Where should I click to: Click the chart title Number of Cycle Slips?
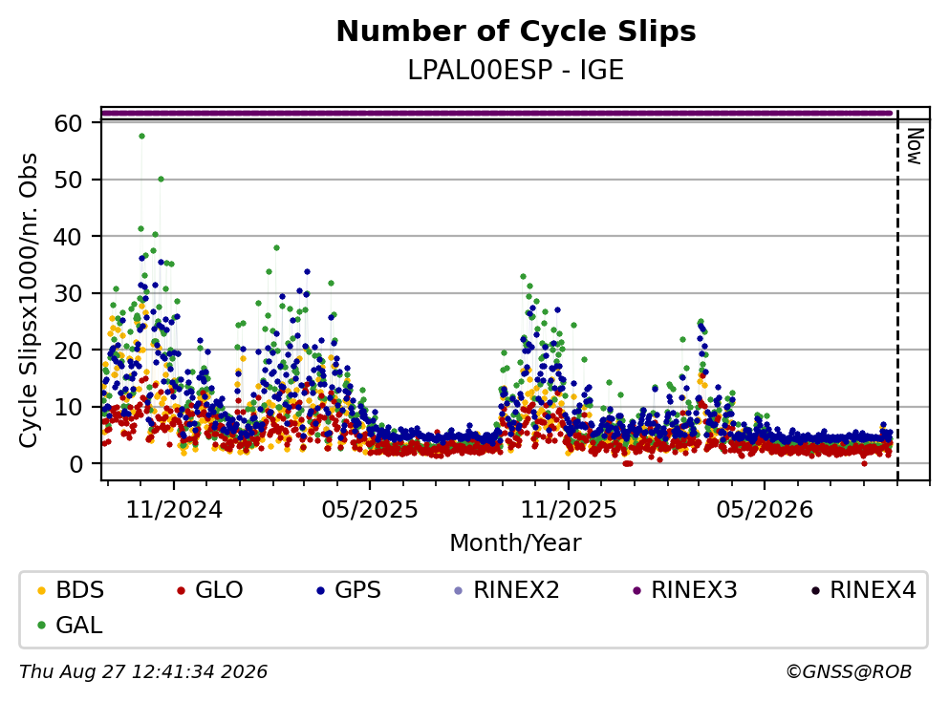coord(516,32)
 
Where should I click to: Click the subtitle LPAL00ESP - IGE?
coord(516,70)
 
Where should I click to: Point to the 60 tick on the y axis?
coord(69,123)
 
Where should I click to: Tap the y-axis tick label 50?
coord(69,180)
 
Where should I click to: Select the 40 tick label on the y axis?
coord(69,237)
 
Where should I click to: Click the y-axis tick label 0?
coord(76,464)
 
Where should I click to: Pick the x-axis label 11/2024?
coord(174,510)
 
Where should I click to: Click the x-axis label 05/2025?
coord(370,510)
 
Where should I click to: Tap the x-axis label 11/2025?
coord(569,510)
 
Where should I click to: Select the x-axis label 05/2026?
coord(765,510)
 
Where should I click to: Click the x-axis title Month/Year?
coord(516,543)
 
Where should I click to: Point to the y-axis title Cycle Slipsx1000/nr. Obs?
coord(29,301)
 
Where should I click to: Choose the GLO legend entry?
coord(209,589)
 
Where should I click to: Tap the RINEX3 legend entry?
coord(685,589)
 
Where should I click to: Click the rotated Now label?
coord(915,146)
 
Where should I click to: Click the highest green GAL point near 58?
coord(141,136)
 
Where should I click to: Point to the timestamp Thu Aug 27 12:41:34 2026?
coord(143,672)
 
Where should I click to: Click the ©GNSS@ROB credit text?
coord(849,672)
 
